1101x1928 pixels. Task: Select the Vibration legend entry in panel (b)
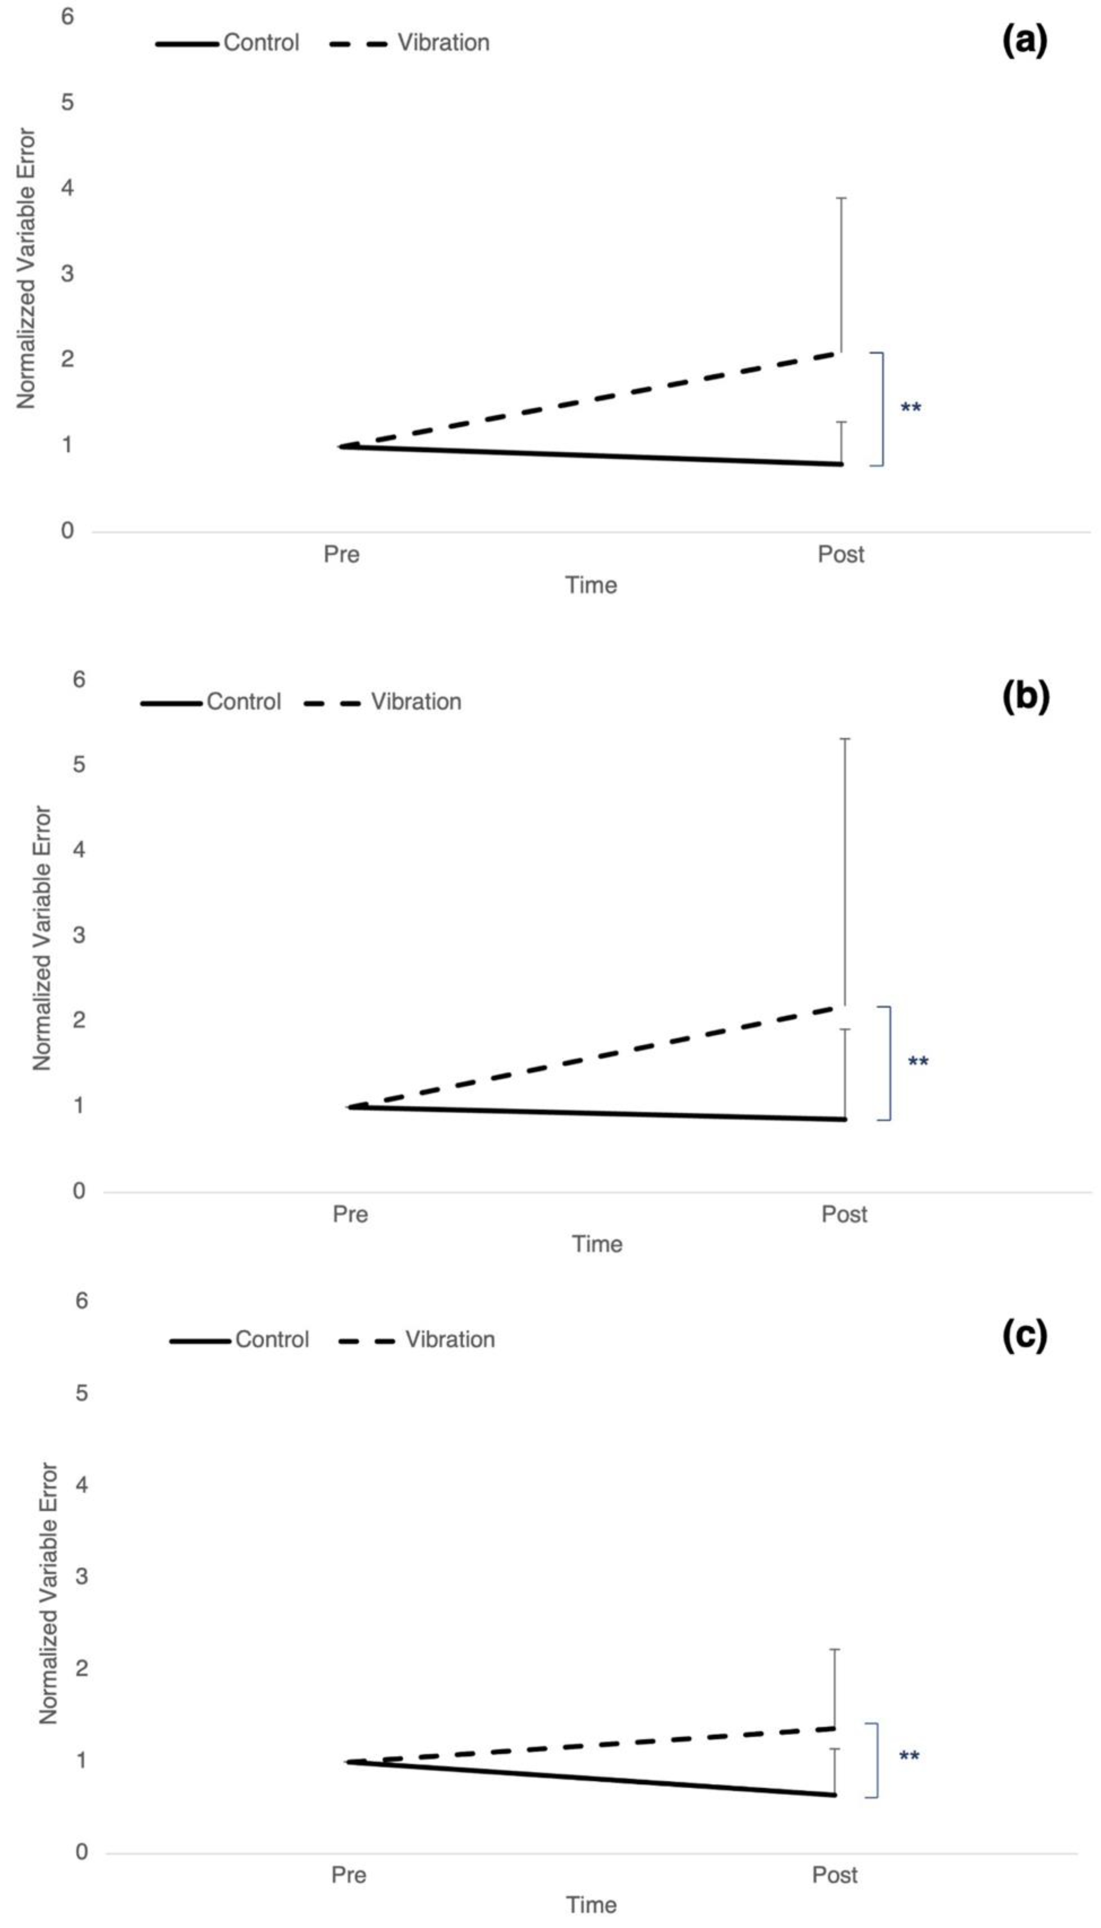(x=415, y=702)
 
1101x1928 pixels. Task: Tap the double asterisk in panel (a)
(x=911, y=409)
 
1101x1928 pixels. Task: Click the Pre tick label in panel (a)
(x=341, y=555)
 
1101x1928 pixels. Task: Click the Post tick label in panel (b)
(x=844, y=1215)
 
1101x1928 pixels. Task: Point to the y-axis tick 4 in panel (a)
(x=67, y=187)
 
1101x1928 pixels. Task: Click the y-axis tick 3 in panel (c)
(x=81, y=1577)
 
